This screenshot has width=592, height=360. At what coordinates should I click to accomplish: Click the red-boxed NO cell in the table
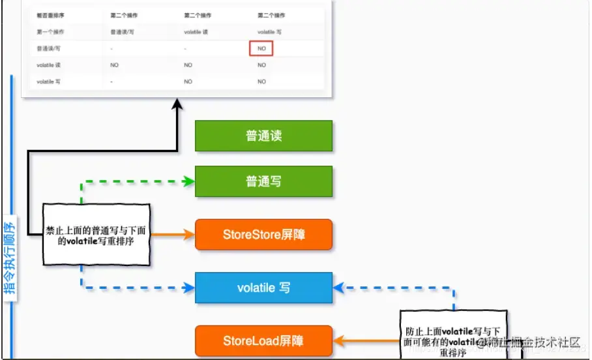(261, 48)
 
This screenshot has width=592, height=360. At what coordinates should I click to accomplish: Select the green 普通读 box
(263, 136)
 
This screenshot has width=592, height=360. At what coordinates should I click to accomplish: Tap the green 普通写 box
(263, 181)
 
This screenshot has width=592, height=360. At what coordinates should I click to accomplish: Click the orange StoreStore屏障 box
(263, 234)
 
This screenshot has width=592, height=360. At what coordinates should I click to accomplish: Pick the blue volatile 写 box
(263, 288)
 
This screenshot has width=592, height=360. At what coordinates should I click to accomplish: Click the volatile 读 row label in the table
(48, 65)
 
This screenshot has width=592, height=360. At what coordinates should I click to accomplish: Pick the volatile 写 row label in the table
(48, 82)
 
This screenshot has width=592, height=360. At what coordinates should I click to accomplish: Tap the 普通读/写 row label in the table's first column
(48, 48)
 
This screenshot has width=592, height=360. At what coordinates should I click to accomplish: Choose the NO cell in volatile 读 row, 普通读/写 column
(114, 65)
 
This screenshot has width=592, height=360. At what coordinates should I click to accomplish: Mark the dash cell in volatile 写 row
(113, 82)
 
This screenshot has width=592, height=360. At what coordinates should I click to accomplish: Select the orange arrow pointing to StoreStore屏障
(173, 234)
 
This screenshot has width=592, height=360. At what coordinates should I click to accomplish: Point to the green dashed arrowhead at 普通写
(190, 181)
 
